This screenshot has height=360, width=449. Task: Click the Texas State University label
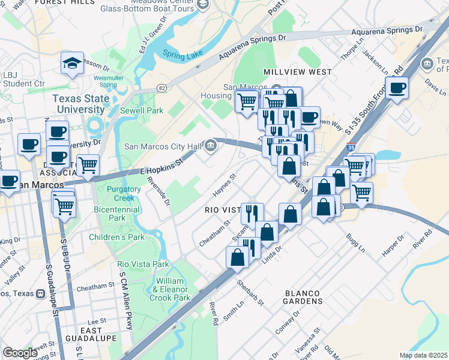(79, 104)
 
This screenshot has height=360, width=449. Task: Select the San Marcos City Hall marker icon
(211, 145)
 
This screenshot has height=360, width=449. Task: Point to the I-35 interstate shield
(351, 146)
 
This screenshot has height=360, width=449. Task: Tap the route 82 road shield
(162, 88)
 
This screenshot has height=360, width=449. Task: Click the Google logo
(20, 353)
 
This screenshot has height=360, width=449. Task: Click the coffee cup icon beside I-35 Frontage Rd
(397, 88)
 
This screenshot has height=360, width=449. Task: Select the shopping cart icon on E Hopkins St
(88, 164)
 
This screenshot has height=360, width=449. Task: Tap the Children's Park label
(117, 237)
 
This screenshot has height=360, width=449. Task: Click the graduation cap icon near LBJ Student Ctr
(72, 62)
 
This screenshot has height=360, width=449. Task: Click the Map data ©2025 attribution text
(423, 355)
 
